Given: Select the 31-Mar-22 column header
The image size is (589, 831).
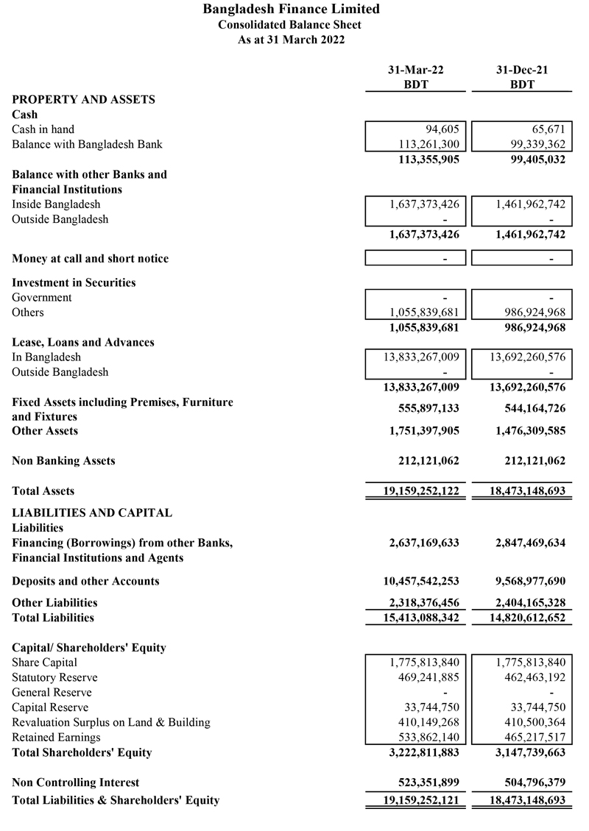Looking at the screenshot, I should coord(416,70).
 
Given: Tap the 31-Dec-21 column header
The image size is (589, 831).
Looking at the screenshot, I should coord(521,70).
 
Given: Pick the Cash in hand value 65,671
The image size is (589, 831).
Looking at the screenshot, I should coord(547,129).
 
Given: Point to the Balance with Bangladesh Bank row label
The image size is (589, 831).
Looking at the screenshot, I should coord(87,144).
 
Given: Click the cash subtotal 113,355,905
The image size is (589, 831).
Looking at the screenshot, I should coord(424,160).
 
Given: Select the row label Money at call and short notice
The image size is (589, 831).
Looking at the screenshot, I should coord(90,259).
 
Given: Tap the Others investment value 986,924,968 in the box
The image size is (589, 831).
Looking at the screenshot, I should coord(526,313).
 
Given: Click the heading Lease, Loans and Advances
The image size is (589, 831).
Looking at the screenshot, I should coord(83,342).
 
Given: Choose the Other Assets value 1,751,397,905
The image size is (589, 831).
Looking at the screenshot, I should coord(424,431).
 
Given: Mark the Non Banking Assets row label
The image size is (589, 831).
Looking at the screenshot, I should coord(63,461).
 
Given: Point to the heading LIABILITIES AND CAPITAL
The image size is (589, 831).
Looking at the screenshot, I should coord(92,513).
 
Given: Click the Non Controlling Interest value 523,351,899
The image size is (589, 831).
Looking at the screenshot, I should coord(424,782).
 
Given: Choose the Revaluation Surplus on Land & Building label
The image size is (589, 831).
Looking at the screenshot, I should coord(111,722).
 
